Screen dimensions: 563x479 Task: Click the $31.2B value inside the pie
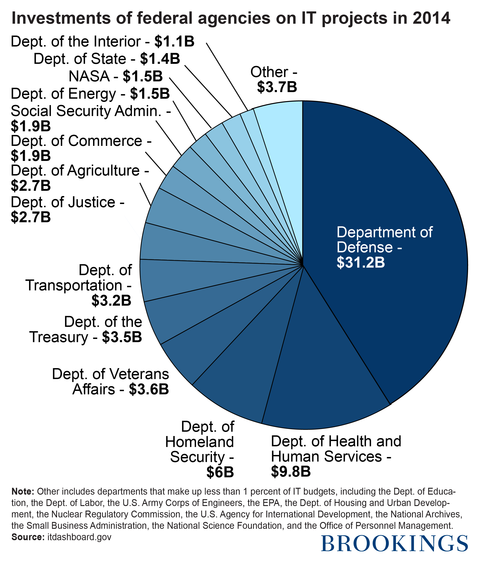pos(361,263)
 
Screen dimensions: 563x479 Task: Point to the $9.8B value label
pos(291,471)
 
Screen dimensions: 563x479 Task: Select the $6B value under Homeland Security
pos(220,472)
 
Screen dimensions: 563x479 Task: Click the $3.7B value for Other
pos(277,87)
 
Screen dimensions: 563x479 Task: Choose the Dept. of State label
pos(80,59)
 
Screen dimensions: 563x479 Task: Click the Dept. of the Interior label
pos(76,41)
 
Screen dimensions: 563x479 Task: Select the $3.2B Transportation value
pos(111,300)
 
